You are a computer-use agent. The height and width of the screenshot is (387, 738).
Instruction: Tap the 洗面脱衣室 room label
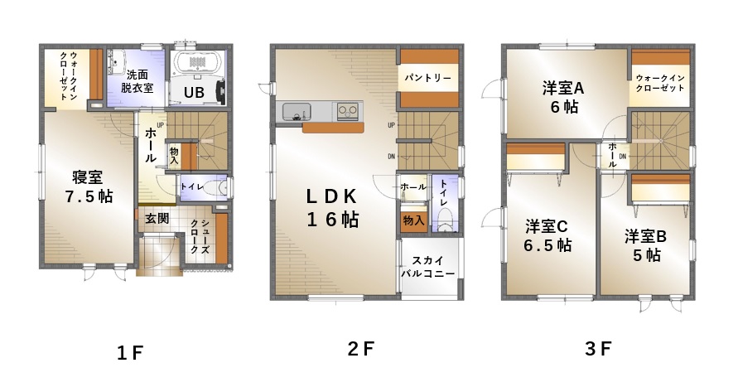point(137,81)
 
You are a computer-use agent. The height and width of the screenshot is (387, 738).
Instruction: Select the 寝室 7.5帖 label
point(88,186)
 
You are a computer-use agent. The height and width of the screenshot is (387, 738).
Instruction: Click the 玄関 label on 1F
point(157,219)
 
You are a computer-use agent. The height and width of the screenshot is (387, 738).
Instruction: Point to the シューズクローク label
point(200,237)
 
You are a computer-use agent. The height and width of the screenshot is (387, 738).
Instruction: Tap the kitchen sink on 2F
point(297,112)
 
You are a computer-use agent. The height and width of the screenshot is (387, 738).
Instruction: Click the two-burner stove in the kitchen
point(348,111)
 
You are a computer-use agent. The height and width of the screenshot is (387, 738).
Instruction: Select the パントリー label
point(428,78)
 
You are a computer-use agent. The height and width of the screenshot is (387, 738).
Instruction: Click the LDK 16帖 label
point(332,208)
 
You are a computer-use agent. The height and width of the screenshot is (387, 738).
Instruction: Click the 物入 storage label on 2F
point(413,220)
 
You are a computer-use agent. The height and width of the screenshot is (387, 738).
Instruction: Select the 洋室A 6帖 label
point(563,98)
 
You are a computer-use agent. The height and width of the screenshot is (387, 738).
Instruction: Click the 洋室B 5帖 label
point(646,245)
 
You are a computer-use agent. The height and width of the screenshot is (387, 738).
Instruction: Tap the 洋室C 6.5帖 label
point(547,236)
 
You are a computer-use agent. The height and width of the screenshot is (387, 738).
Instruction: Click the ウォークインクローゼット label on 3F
point(660,83)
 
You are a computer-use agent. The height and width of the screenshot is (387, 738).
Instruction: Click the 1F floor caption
point(129,352)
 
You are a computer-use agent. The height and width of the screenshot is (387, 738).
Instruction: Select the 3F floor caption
point(598,349)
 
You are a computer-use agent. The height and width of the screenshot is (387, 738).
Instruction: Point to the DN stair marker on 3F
point(623,157)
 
